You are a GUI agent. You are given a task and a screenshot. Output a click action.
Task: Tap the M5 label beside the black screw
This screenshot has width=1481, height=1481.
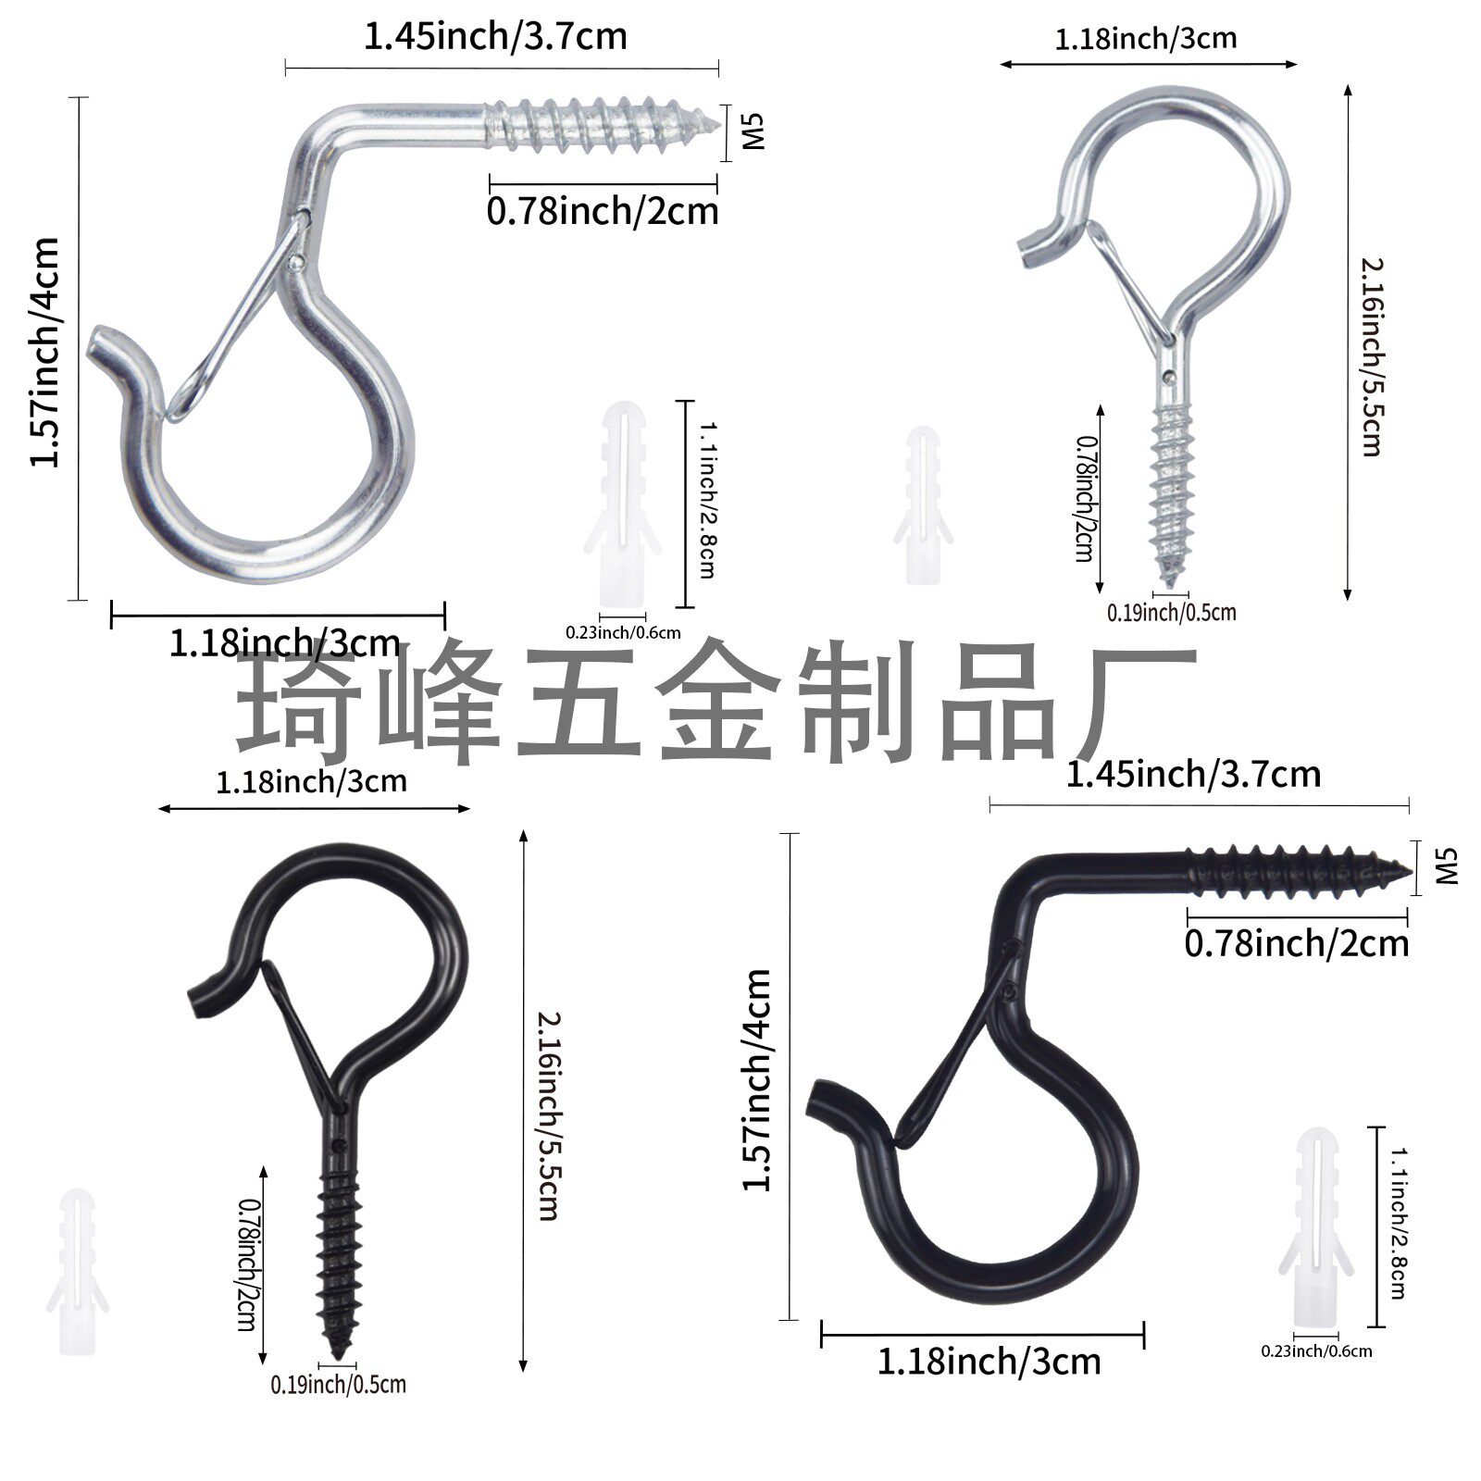point(1445,867)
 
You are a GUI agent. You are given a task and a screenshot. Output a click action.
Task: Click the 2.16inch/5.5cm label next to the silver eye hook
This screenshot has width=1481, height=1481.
point(1371,356)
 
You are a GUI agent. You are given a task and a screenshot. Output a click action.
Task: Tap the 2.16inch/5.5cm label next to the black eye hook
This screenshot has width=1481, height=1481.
point(548,1115)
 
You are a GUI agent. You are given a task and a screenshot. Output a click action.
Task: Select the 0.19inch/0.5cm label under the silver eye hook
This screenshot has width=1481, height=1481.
point(1171,612)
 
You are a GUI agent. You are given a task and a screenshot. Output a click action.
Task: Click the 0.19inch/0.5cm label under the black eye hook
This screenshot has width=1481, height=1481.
point(338,1385)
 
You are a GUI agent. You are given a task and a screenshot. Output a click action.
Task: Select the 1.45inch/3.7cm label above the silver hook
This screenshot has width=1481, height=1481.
point(495,37)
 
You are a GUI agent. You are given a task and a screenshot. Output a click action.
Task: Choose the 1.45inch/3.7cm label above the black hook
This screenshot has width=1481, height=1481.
point(1193,774)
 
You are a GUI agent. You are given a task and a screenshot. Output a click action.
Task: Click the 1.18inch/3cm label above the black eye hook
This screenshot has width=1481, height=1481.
point(311,781)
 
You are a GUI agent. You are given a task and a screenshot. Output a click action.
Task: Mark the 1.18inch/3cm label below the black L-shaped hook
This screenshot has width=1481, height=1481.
point(989,1362)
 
